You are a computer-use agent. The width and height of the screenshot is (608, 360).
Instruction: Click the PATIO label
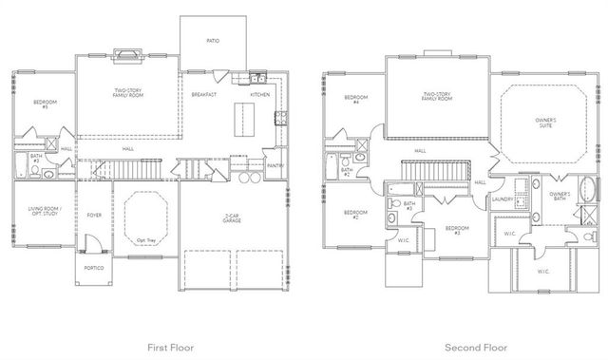pyautogui.click(x=214, y=41)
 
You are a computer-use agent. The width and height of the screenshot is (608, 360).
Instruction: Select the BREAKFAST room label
pyautogui.click(x=203, y=94)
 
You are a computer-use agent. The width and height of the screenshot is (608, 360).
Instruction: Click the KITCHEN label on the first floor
pyautogui.click(x=259, y=94)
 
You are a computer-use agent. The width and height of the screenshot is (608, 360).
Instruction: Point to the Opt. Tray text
pyautogui.click(x=146, y=239)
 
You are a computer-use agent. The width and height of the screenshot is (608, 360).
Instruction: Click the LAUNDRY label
pyautogui.click(x=503, y=199)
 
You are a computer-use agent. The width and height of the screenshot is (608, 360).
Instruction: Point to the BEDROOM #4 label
pyautogui.click(x=355, y=99)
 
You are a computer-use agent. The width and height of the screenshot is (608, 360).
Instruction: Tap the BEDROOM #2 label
pyautogui.click(x=355, y=214)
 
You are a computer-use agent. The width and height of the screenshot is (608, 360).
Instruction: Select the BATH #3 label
pyautogui.click(x=409, y=205)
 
